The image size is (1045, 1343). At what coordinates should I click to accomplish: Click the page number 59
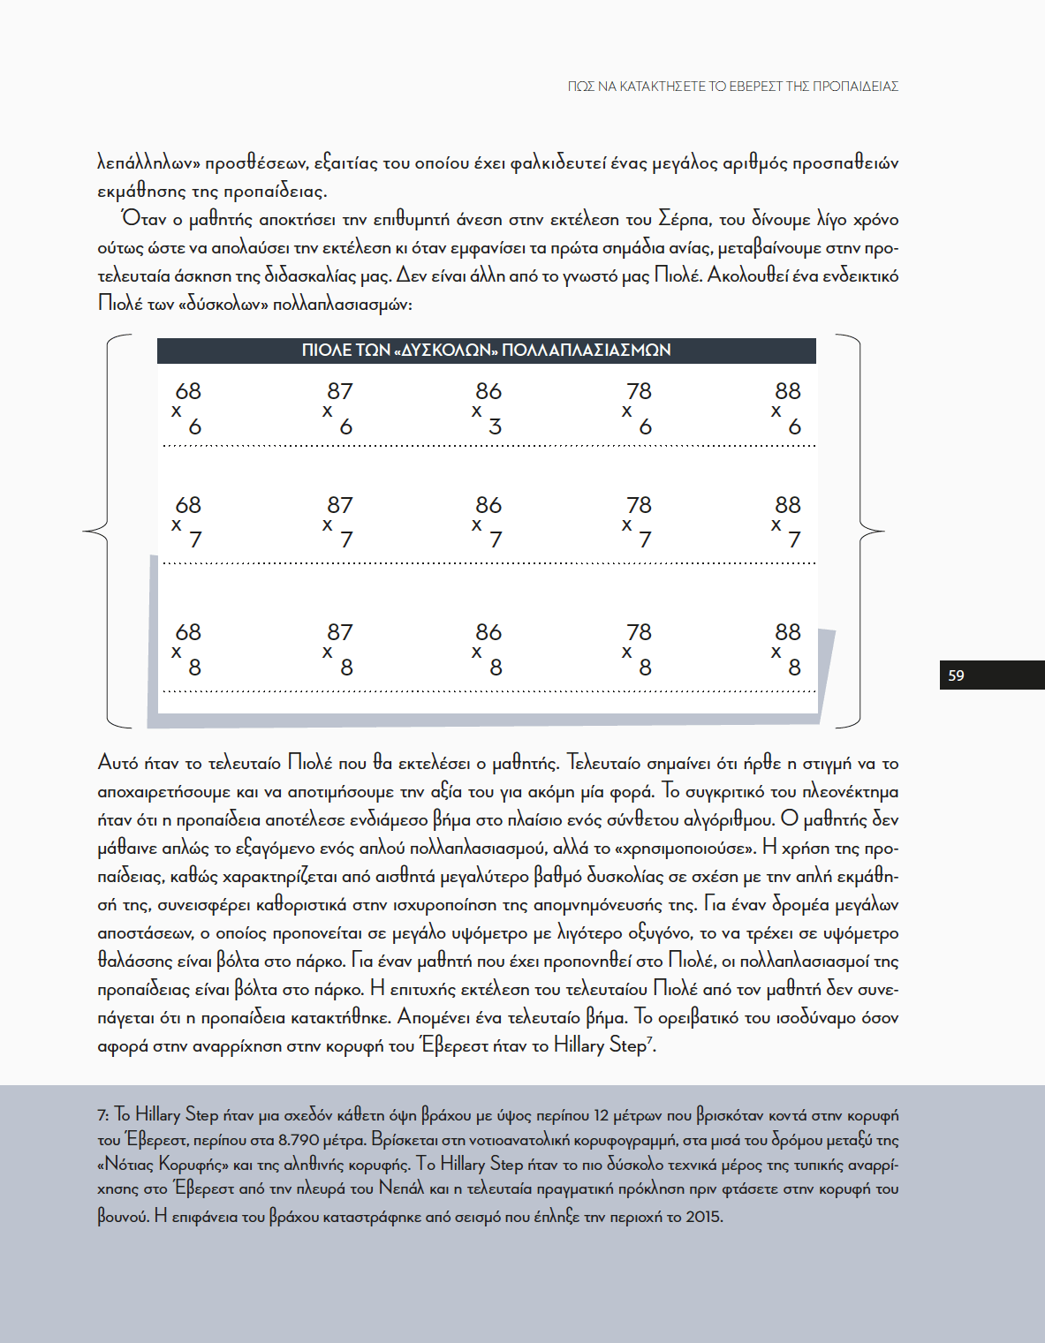coord(956,675)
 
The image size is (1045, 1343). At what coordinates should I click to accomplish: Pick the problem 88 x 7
coord(787,521)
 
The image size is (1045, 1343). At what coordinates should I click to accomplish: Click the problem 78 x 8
coord(638,649)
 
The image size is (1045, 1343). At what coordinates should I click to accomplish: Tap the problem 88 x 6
coord(787,408)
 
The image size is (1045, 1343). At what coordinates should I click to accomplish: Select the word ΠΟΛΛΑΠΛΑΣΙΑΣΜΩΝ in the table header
coord(586,351)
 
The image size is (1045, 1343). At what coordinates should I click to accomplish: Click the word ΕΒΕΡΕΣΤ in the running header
coord(756,87)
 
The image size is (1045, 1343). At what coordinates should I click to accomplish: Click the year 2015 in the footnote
coord(703,1217)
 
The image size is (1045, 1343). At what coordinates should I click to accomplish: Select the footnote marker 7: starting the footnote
coord(103,1116)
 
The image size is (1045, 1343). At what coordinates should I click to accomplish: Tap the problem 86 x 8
coord(488,649)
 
